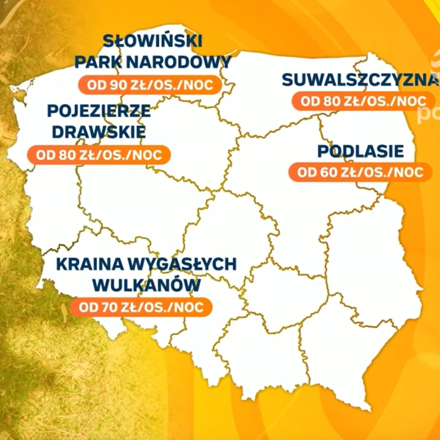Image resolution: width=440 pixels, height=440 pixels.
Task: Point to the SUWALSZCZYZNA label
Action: coord(360,80)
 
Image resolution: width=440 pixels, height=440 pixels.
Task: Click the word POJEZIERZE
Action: coord(99,111)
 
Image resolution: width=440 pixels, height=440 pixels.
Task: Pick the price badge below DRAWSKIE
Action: coord(99,155)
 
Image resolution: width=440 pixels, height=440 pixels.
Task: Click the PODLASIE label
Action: coord(360,151)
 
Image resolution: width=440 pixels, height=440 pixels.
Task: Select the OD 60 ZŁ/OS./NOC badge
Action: coord(360,172)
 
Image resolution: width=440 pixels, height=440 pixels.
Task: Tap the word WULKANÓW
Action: coord(146,285)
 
